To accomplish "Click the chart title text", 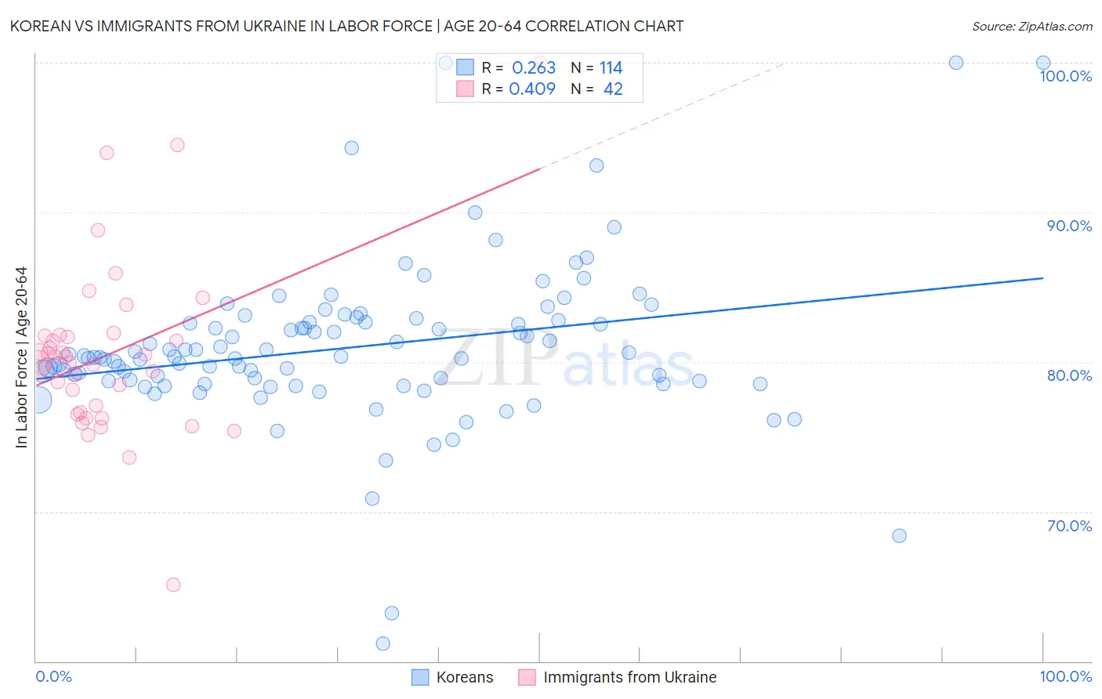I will (x=346, y=26).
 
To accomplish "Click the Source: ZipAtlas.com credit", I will (x=1031, y=26).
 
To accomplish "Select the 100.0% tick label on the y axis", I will (x=1065, y=76).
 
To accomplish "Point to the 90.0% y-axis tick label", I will (x=1069, y=226).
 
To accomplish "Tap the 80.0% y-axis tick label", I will (x=1069, y=375).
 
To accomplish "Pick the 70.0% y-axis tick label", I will (x=1069, y=526).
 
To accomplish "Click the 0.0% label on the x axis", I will (x=53, y=676).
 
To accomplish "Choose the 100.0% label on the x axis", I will (x=1065, y=676).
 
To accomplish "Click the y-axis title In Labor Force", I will (x=21, y=357).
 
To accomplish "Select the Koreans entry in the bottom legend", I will (x=464, y=677).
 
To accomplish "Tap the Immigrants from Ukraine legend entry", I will (x=629, y=677).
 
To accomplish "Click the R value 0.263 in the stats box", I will (x=534, y=68).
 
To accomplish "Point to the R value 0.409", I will (x=532, y=89).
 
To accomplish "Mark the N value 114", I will (x=611, y=68).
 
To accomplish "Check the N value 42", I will (x=613, y=89).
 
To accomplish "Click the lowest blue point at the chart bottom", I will (x=383, y=643).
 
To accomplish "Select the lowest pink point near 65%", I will (x=173, y=585).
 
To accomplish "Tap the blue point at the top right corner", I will (x=1043, y=63).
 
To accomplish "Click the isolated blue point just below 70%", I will (x=899, y=536).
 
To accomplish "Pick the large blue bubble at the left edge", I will (x=38, y=400).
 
